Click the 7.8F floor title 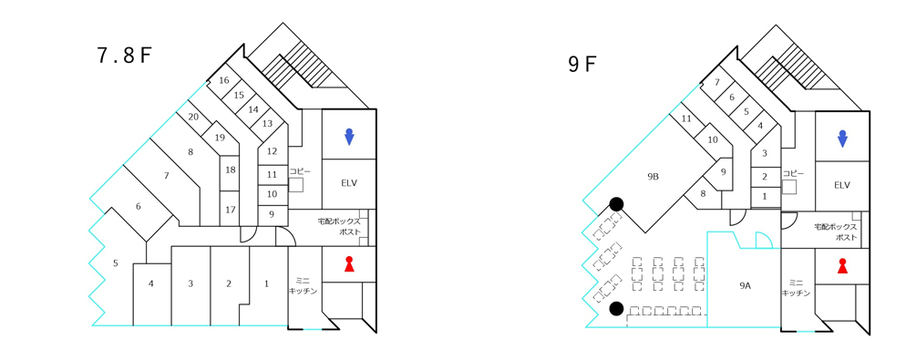[x=125, y=56]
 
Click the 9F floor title [x=582, y=64]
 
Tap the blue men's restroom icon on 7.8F [x=349, y=136]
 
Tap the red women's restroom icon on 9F [x=842, y=265]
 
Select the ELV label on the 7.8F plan [x=349, y=183]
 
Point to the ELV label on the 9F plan [x=842, y=185]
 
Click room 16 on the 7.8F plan [x=223, y=80]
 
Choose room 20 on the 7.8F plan [x=194, y=117]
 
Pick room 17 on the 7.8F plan [x=231, y=210]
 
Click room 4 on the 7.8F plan [x=150, y=284]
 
